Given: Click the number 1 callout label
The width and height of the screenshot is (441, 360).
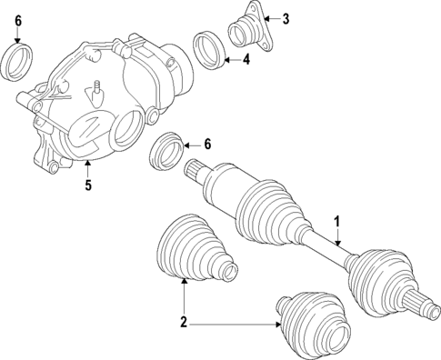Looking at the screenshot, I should point(337,220).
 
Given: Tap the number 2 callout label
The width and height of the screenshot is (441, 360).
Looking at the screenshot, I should point(184,322).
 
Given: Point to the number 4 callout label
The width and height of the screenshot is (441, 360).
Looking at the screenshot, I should point(247,60).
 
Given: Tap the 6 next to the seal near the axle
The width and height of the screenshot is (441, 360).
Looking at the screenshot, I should point(207,144).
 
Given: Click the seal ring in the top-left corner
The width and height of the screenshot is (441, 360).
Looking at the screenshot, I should point(19,63).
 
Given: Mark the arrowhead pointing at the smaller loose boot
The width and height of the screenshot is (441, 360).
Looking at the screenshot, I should point(278,322).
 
